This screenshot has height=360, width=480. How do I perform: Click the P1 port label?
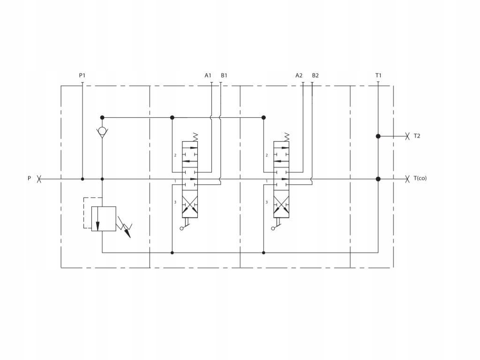tap(82, 75)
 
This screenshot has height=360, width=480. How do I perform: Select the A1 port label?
tap(208, 75)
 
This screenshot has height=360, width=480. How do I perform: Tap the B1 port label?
tap(224, 75)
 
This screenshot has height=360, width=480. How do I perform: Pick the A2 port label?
tap(299, 75)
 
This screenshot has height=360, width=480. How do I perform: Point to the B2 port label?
tap(315, 75)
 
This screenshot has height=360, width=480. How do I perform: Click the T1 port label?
tap(378, 75)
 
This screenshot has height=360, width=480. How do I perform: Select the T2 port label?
tap(417, 136)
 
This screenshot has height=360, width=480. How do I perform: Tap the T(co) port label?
tap(420, 178)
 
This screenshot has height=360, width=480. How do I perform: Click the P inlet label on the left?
tap(30, 178)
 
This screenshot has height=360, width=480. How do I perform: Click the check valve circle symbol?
tap(102, 131)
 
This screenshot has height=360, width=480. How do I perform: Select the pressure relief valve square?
tap(104, 218)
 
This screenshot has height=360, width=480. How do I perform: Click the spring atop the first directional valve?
tap(195, 137)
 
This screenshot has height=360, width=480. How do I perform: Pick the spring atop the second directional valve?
tap(286, 137)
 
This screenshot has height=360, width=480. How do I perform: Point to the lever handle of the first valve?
tap(185, 226)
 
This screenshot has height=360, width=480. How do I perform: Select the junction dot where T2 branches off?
tap(378, 136)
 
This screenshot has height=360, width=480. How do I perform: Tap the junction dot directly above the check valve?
tap(102, 118)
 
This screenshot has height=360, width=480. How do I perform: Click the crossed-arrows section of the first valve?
tap(190, 204)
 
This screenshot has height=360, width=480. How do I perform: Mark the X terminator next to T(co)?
tap(407, 179)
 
